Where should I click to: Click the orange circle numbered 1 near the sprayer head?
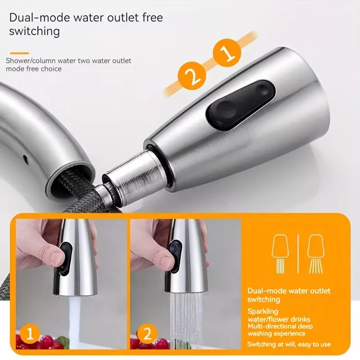[x=227, y=53]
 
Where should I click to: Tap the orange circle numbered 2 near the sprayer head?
[x=192, y=76]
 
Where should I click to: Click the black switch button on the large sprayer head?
[x=241, y=105]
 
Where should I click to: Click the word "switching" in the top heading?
[x=35, y=31]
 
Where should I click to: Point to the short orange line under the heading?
[x=19, y=53]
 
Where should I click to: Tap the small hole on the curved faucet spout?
[x=26, y=159]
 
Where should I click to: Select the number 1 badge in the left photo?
[x=30, y=333]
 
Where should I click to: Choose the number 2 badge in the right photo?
[x=147, y=333]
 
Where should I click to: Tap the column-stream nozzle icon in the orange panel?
[x=280, y=254]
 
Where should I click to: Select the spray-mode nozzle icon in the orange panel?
[x=316, y=254]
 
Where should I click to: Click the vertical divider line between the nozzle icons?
[x=298, y=254]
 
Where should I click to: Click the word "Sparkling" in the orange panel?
[x=263, y=311]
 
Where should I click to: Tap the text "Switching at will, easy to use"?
[x=289, y=344]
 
